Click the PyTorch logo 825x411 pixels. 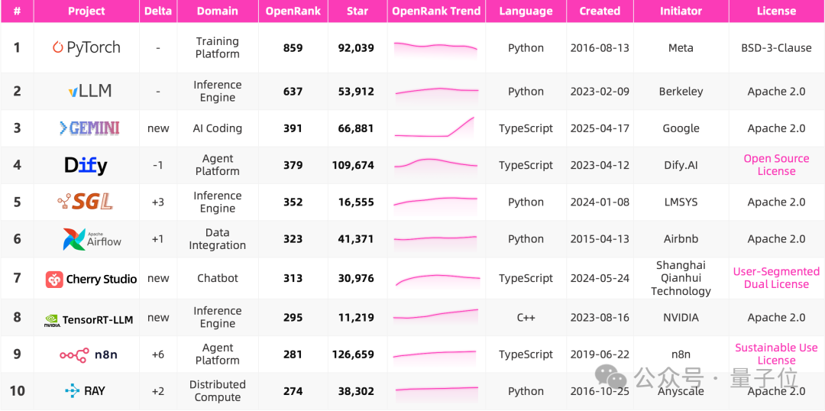[86, 48]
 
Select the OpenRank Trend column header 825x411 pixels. [436, 11]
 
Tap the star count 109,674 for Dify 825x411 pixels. [353, 165]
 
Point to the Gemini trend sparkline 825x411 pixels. [435, 128]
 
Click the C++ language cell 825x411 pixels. [526, 318]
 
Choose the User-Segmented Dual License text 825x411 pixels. [776, 278]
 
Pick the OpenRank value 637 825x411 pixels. [293, 92]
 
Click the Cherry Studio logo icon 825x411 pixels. [54, 280]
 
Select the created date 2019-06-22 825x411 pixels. [600, 354]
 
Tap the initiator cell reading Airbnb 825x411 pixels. [681, 239]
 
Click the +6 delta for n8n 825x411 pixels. [158, 354]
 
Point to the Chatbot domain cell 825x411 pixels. [217, 278]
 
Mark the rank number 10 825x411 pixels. [17, 391]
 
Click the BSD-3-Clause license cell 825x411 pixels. [776, 48]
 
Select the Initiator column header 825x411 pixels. [681, 11]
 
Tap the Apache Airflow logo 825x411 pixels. [92, 239]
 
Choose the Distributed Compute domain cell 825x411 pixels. [217, 391]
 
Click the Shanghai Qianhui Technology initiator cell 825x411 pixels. [681, 278]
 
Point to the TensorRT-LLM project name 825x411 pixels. [97, 319]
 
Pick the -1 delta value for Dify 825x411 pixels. [158, 165]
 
